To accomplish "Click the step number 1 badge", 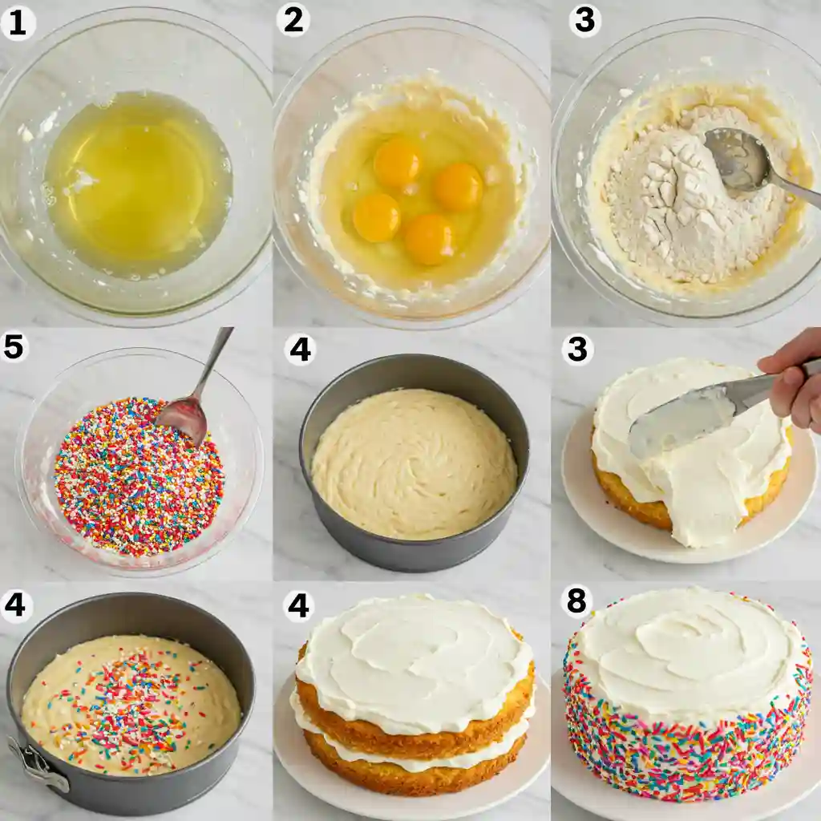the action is pyautogui.click(x=18, y=24).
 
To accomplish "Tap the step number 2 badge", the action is pyautogui.click(x=293, y=20).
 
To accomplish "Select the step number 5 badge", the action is pyautogui.click(x=14, y=347).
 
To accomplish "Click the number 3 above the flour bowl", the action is pyautogui.click(x=584, y=22).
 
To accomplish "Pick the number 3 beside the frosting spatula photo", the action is pyautogui.click(x=577, y=350).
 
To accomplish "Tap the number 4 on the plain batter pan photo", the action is pyautogui.click(x=300, y=350).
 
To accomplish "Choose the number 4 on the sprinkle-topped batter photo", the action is pyautogui.click(x=14, y=605).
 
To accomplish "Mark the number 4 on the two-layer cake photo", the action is pyautogui.click(x=298, y=606).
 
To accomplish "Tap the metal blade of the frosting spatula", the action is pyautogui.click(x=691, y=415).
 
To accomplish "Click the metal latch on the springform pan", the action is pyautogui.click(x=38, y=763).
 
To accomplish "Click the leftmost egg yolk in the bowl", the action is pyautogui.click(x=377, y=217).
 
